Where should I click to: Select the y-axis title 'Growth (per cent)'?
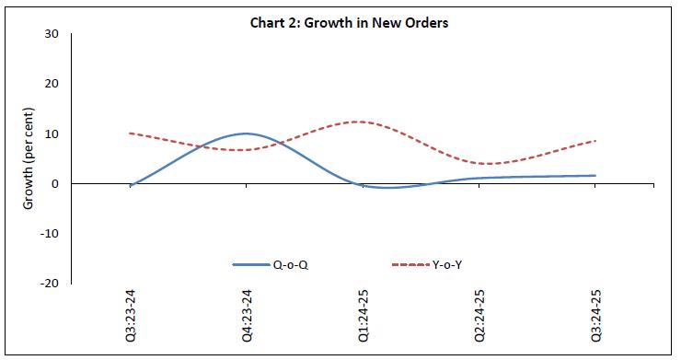click(x=29, y=158)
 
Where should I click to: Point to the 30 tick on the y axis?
click(x=52, y=34)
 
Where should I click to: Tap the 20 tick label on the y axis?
click(x=52, y=84)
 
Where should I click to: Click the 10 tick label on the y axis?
click(x=52, y=134)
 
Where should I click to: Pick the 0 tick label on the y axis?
click(x=55, y=183)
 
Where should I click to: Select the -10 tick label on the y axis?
click(x=49, y=233)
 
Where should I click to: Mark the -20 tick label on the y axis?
click(x=49, y=283)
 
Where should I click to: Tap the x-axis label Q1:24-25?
click(x=363, y=317)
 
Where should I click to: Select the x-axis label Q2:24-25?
click(x=479, y=317)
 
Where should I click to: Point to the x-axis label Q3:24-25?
click(x=594, y=317)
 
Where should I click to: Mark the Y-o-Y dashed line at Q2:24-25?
click(x=479, y=164)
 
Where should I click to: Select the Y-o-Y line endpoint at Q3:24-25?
click(x=594, y=141)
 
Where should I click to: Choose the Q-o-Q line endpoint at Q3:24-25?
click(x=594, y=175)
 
